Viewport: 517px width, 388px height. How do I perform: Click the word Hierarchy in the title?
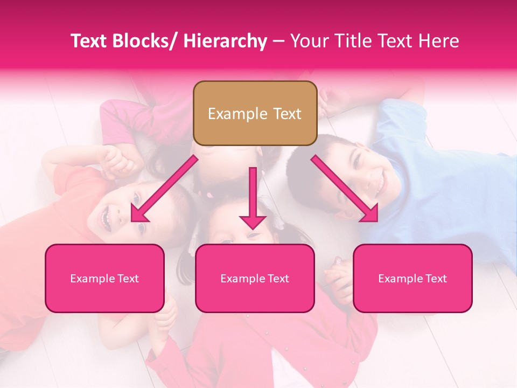pyautogui.click(x=225, y=41)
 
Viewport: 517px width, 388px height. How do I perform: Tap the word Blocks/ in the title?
pyautogui.click(x=144, y=41)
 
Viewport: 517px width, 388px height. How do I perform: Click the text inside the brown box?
pyautogui.click(x=255, y=114)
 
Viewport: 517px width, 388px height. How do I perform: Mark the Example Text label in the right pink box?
pyautogui.click(x=413, y=279)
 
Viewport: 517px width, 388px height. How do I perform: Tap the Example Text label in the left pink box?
pyautogui.click(x=104, y=279)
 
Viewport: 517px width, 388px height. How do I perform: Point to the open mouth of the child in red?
pyautogui.click(x=105, y=218)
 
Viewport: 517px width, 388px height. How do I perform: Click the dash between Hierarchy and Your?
pyautogui.click(x=279, y=41)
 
